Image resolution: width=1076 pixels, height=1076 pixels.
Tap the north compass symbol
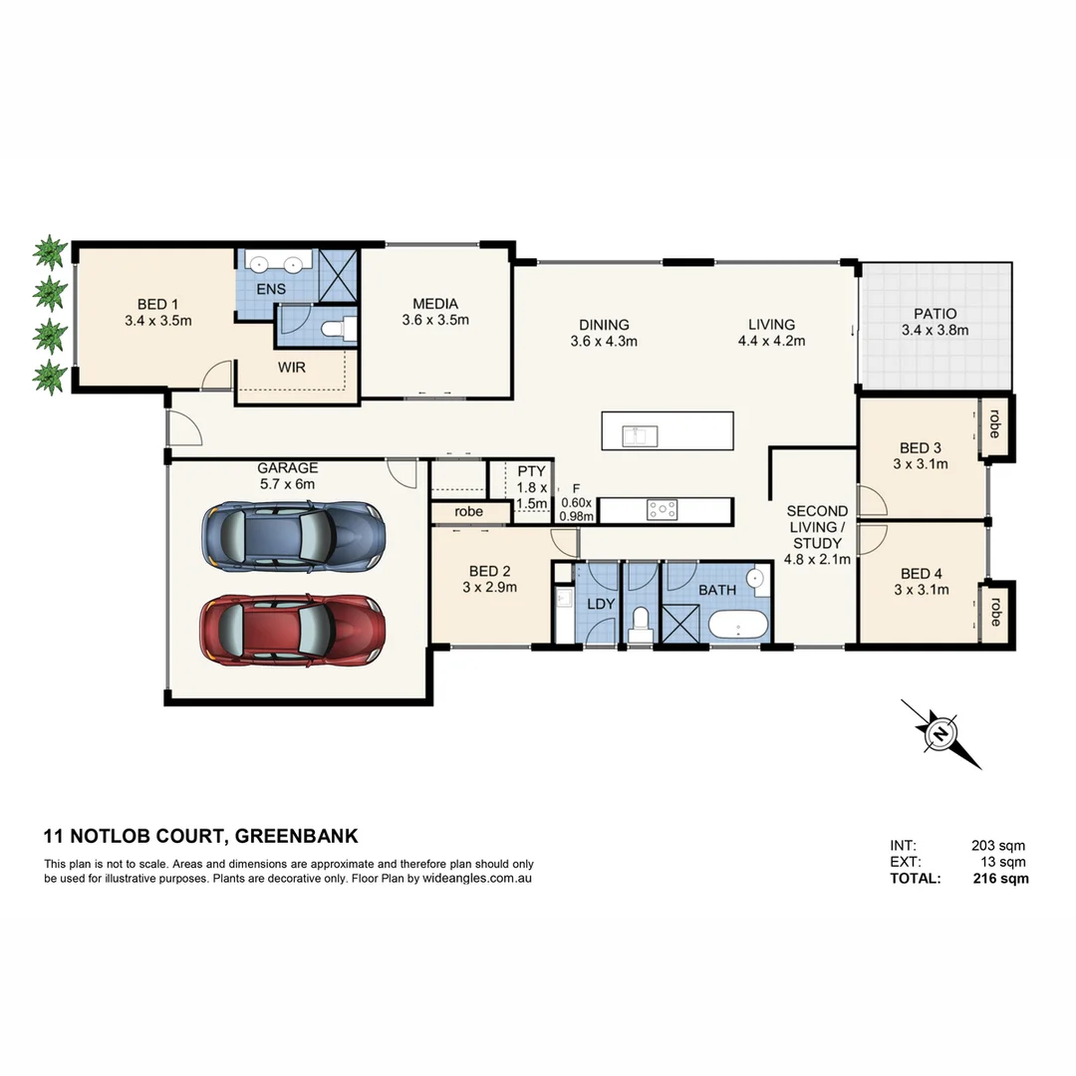(941, 734)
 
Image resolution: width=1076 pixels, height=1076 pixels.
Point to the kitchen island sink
(635, 435)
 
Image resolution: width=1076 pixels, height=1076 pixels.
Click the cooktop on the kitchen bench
(663, 510)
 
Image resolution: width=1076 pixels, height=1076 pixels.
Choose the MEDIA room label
(435, 304)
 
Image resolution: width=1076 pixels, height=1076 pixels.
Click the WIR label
(292, 367)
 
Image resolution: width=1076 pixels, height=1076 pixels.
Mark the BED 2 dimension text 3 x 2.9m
(489, 589)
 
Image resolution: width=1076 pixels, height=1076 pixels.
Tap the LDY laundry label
(601, 605)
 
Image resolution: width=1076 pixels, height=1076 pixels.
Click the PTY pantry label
(531, 471)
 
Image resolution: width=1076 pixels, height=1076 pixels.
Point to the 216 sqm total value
(1000, 879)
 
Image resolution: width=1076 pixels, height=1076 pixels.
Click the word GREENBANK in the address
(297, 836)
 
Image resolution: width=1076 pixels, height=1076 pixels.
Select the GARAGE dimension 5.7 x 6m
(287, 484)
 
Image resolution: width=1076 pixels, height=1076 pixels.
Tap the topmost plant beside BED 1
(49, 252)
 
